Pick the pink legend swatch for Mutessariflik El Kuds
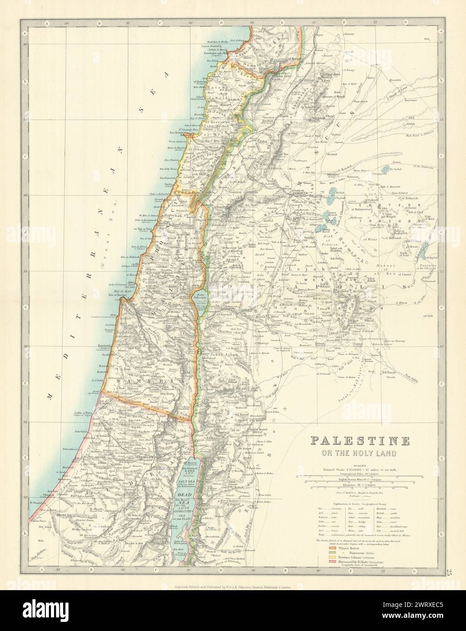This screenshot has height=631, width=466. coord(324,562)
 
